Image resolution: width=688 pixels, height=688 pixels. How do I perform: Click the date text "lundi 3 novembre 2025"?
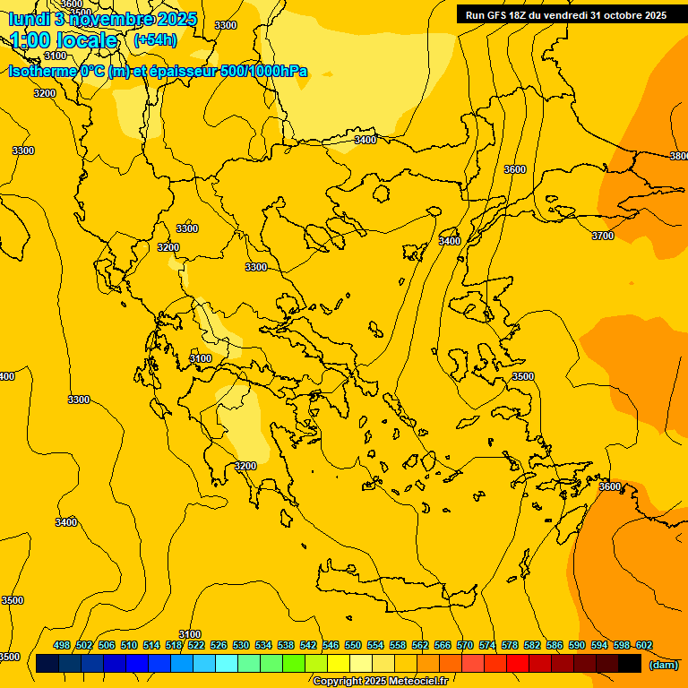(103, 19)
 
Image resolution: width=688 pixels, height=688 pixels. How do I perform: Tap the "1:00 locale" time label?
(64, 40)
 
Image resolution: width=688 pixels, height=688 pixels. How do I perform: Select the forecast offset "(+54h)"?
(155, 40)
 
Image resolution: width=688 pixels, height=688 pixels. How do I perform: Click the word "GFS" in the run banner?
(499, 15)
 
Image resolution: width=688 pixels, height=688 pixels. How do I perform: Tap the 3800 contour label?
(679, 156)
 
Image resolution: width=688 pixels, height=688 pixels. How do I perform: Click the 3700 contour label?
(603, 236)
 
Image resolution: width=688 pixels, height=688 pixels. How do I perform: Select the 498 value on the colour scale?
(62, 645)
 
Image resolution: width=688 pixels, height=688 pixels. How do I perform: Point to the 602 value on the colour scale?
(644, 645)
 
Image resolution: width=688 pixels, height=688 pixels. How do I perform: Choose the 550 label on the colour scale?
(353, 645)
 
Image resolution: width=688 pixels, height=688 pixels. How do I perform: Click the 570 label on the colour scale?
(465, 645)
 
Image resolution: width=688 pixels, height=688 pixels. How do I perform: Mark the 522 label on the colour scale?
(196, 645)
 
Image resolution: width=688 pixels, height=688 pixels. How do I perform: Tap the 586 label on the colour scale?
(555, 645)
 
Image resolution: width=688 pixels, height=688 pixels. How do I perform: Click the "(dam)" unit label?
(663, 664)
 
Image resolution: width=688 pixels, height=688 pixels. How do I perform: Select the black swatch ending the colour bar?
(630, 663)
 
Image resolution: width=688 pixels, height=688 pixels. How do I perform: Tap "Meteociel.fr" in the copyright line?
(418, 682)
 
